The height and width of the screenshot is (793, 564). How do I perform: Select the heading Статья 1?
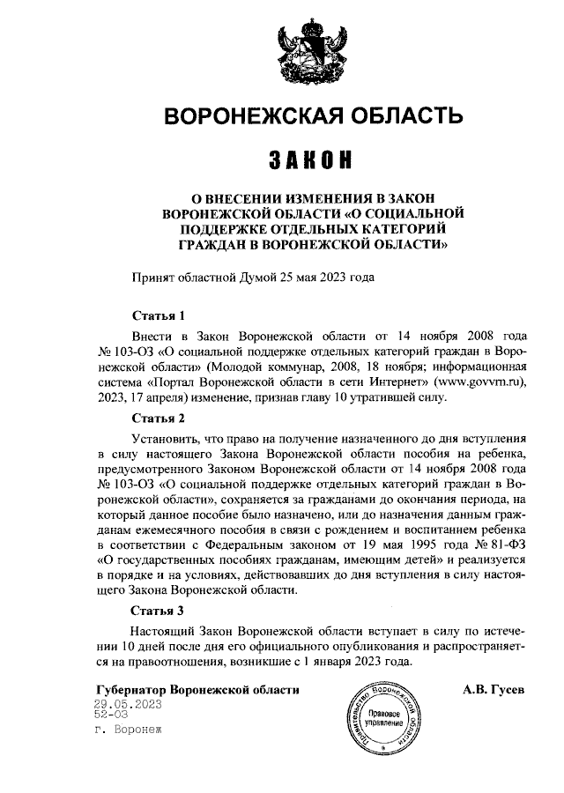(x=158, y=315)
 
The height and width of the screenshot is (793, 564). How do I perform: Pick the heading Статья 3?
(x=158, y=610)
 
